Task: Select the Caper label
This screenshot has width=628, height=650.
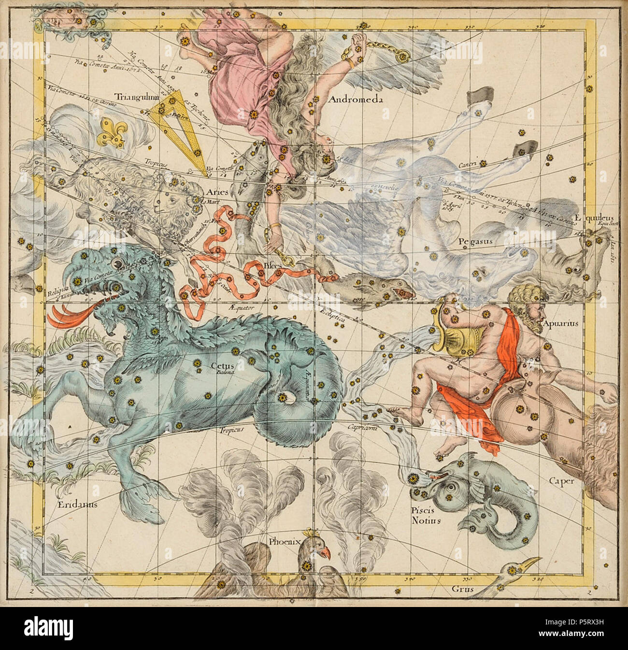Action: pos(561,481)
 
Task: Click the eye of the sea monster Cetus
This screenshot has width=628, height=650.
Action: pos(116,262)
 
